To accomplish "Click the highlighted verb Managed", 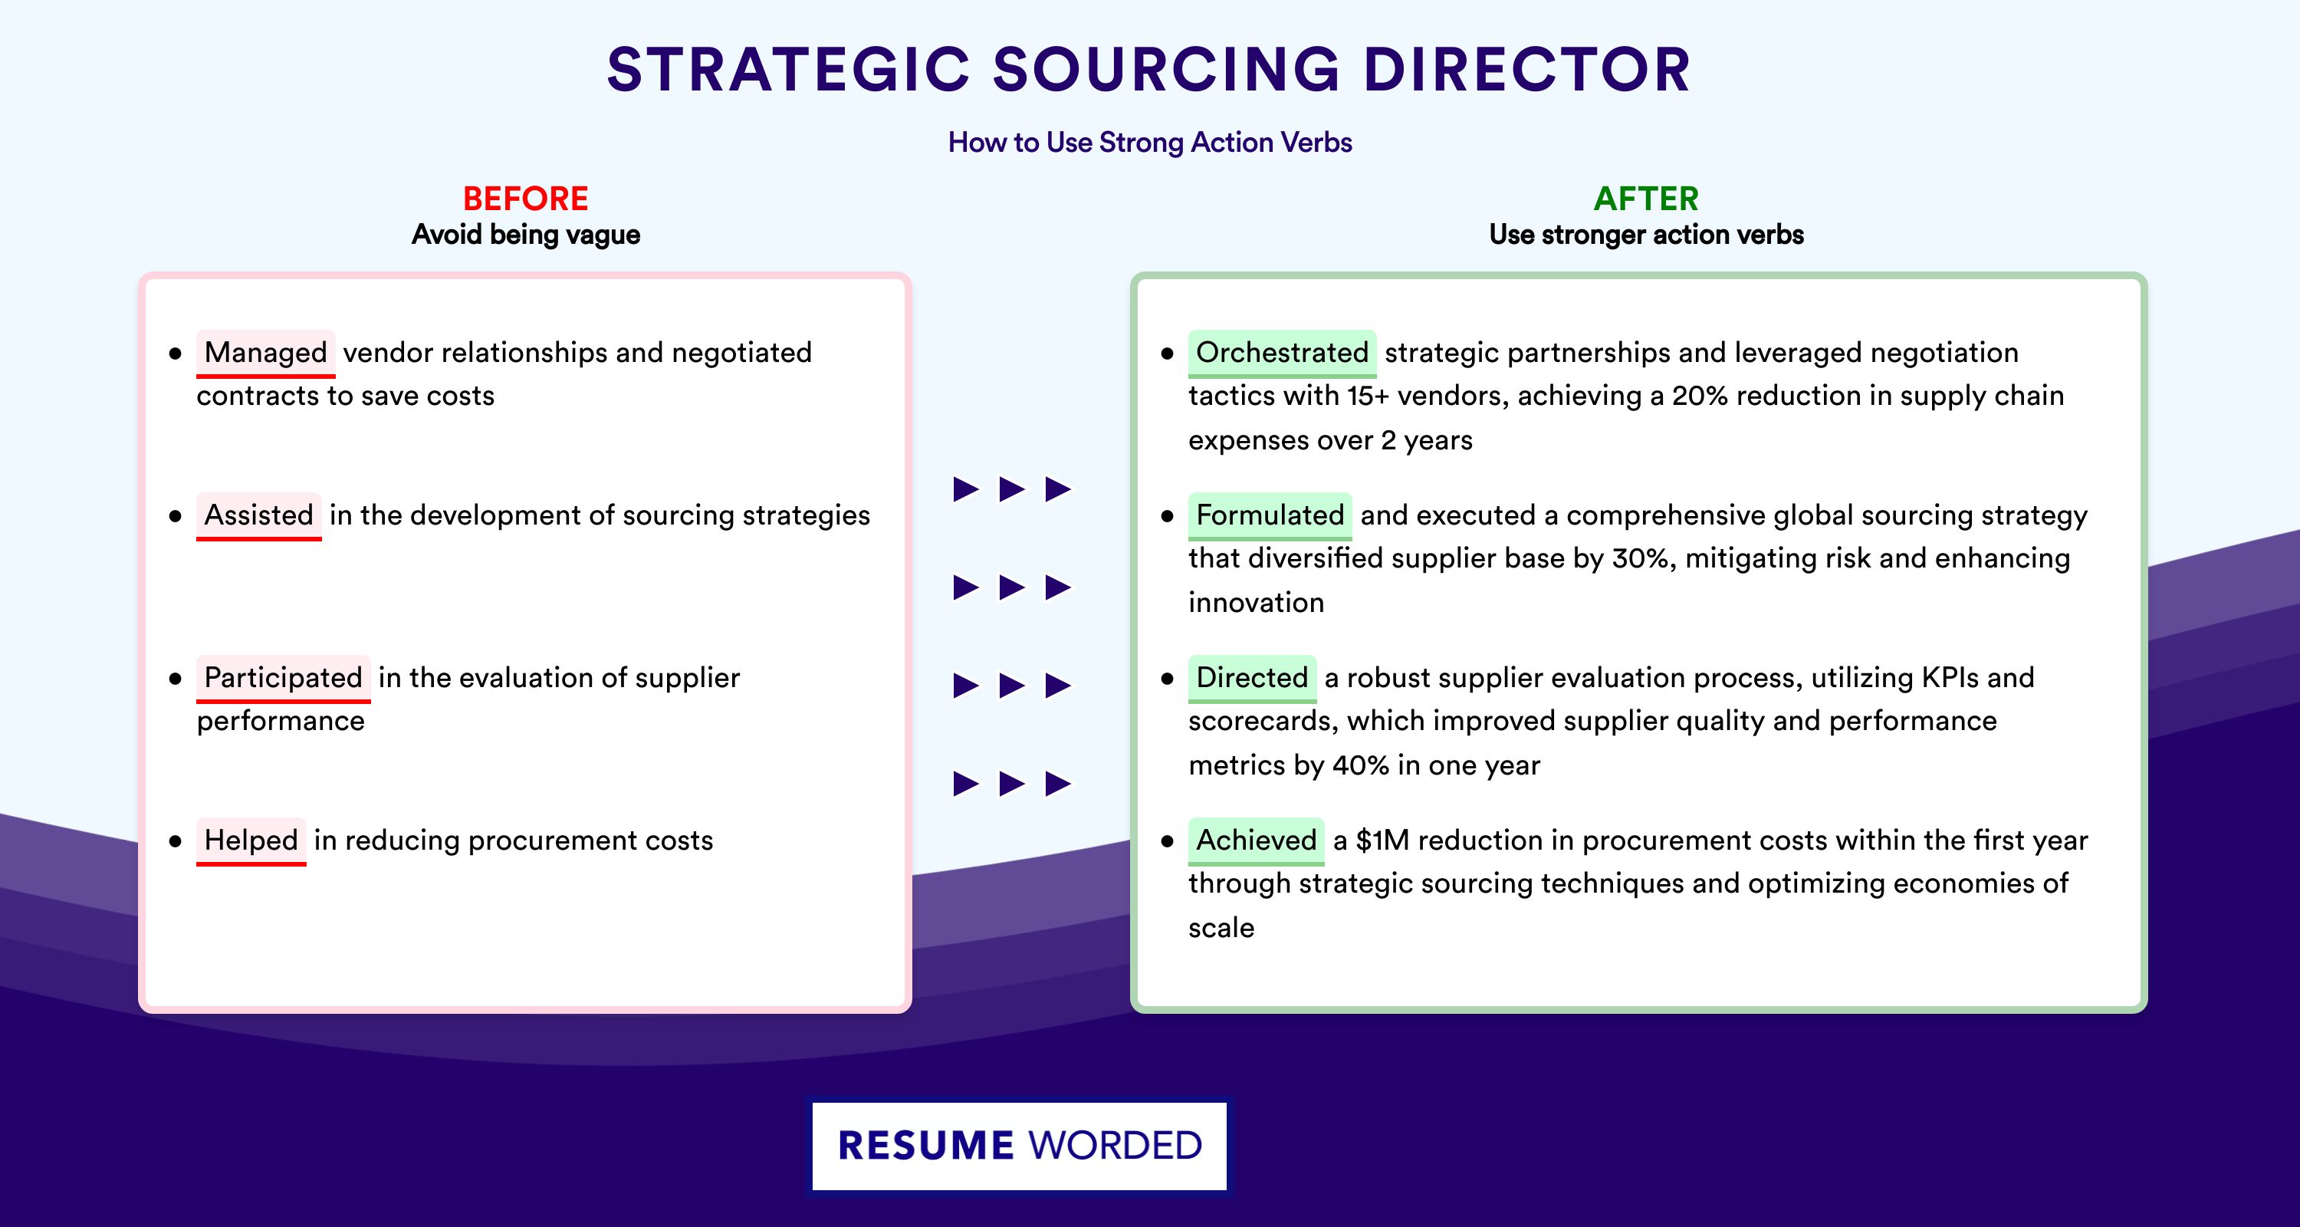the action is point(266,353).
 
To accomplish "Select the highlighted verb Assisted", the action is point(259,515).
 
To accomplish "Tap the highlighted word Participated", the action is point(283,678).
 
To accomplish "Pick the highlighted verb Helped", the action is point(251,840).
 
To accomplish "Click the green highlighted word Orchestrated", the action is point(1282,353).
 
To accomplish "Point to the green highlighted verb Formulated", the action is point(1270,515).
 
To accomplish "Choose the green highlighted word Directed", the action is point(1252,678).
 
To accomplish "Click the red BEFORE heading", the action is point(526,199).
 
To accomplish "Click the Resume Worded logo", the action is point(1020,1146).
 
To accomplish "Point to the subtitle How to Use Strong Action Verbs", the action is point(1150,142).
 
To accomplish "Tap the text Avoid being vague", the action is point(526,235).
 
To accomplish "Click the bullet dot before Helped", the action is point(175,841).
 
